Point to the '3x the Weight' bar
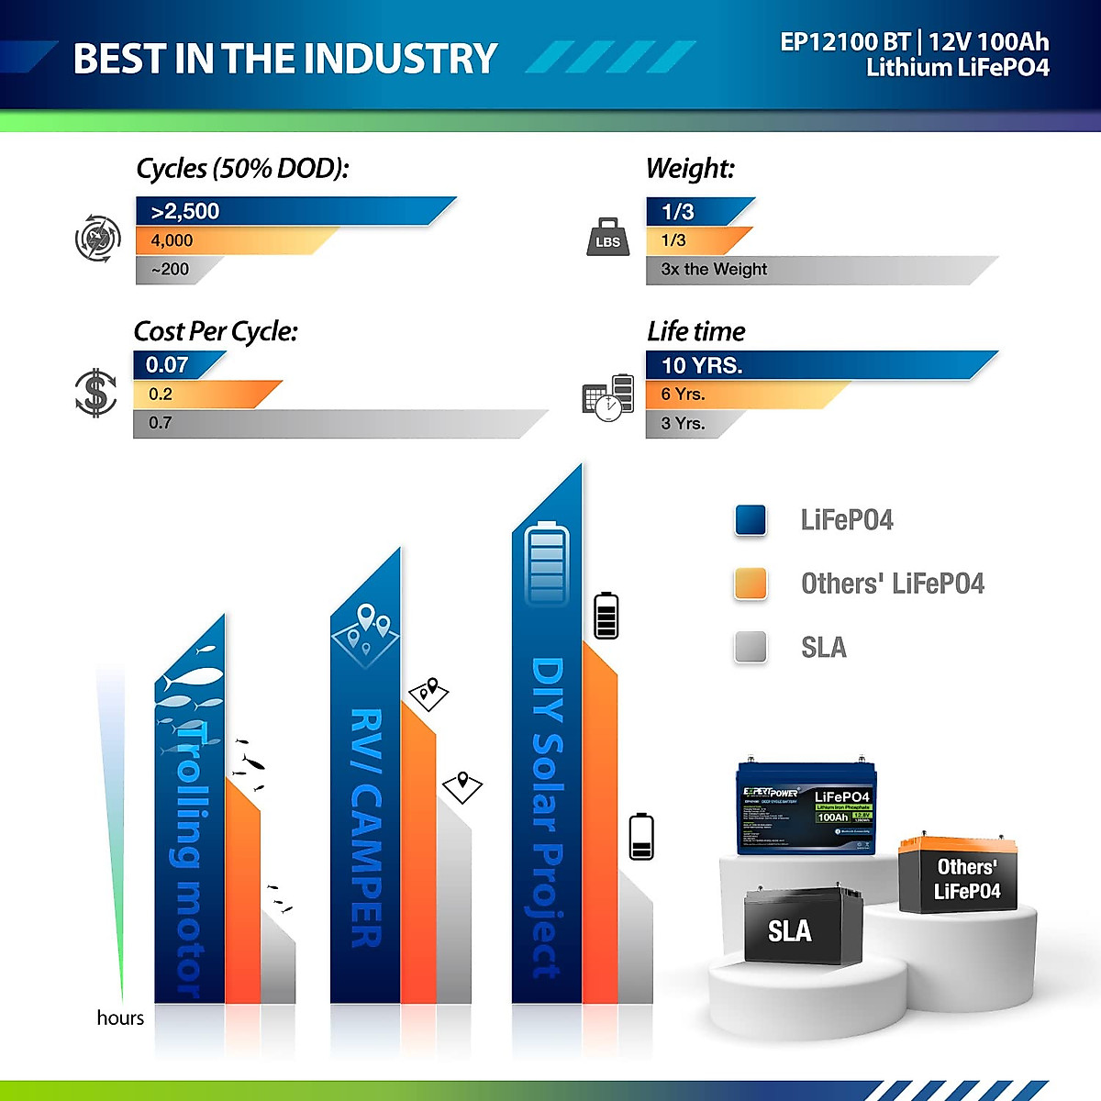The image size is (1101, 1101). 807,270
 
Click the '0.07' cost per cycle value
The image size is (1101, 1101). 167,365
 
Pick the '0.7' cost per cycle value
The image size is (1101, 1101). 161,423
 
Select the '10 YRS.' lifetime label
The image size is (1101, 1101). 702,365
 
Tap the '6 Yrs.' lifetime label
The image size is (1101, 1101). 683,395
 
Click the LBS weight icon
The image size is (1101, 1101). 607,238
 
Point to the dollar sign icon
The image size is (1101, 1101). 95,393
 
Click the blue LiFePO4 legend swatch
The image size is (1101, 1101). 751,519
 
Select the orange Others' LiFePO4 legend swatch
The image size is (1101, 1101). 751,584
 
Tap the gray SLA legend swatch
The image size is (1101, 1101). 751,647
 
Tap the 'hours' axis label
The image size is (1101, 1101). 120,1018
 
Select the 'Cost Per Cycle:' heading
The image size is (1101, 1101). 216,331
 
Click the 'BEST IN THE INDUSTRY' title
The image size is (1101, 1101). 284,59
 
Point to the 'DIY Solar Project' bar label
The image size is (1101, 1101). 547,817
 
